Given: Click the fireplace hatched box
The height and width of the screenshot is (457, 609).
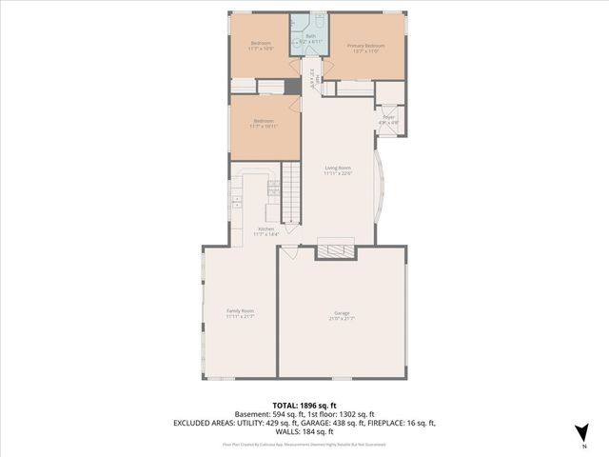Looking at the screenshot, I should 334,250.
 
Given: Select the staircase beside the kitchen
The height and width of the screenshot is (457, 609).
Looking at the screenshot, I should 291,195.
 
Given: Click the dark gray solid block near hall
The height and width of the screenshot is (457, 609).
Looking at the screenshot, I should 294,87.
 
